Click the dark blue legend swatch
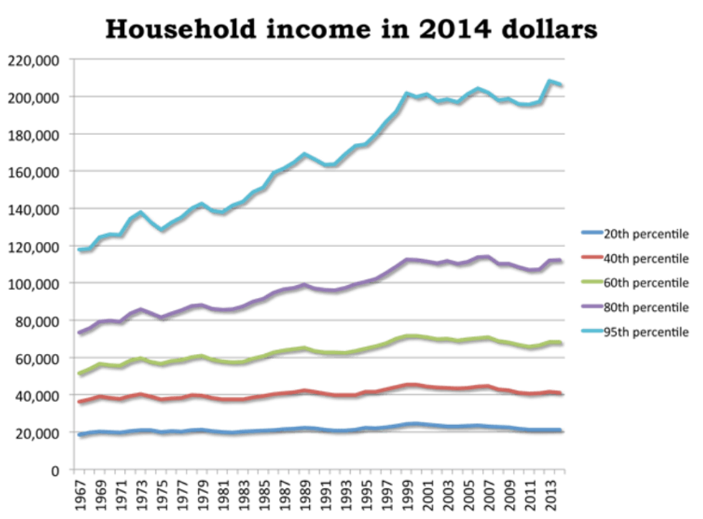point(593,232)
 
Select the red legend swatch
point(593,256)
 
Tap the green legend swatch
point(593,281)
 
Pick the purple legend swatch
point(593,306)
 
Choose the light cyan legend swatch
point(593,330)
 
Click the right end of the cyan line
point(560,84)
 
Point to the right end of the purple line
point(560,258)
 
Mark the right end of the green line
point(560,342)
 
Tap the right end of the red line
point(560,393)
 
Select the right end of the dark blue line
point(560,429)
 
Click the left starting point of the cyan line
point(77,250)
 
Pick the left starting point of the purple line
point(77,333)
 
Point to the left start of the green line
point(77,374)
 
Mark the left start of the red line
point(77,402)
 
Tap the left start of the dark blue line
point(77,435)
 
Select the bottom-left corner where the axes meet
point(73,469)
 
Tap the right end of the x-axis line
point(565,469)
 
